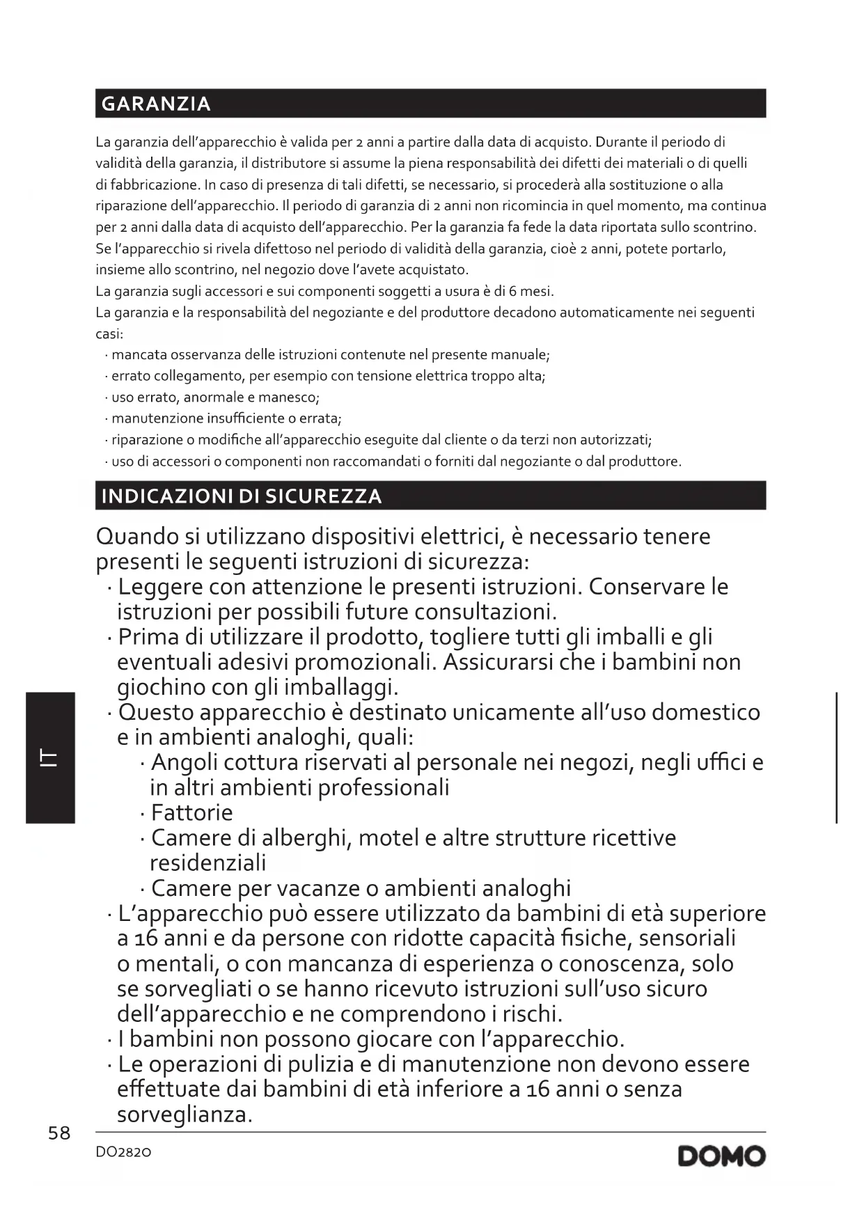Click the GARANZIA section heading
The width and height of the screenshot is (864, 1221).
pyautogui.click(x=156, y=104)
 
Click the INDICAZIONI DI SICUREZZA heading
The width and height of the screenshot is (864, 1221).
pyautogui.click(x=242, y=496)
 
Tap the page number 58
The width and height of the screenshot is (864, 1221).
pyautogui.click(x=59, y=1133)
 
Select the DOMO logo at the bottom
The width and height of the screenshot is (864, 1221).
pyautogui.click(x=721, y=1157)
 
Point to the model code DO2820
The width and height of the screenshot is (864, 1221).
pyautogui.click(x=123, y=1153)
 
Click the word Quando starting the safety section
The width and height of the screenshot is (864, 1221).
pyautogui.click(x=137, y=537)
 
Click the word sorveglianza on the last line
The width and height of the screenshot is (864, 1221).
pyautogui.click(x=184, y=1115)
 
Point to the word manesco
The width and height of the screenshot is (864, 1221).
pyautogui.click(x=288, y=397)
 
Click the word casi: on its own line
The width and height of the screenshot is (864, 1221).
pyautogui.click(x=109, y=334)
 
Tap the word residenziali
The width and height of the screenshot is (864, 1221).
pyautogui.click(x=208, y=863)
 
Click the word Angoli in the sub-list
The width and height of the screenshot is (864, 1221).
pyautogui.click(x=185, y=763)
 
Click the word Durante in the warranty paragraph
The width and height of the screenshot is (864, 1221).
pyautogui.click(x=621, y=142)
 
